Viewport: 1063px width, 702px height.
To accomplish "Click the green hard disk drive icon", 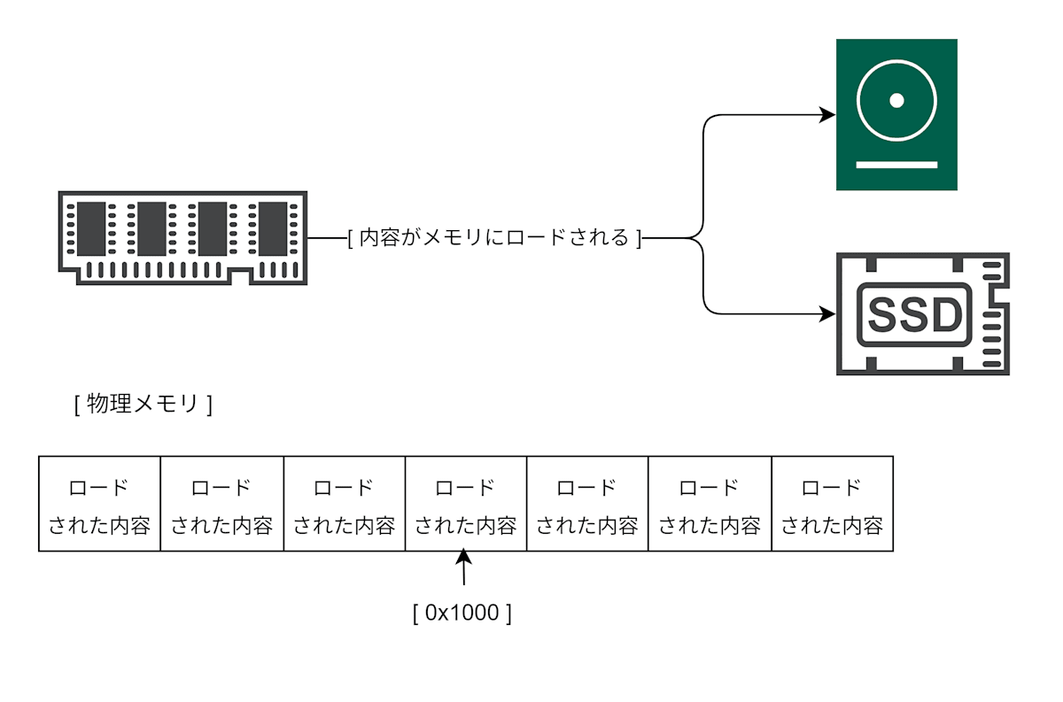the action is (896, 114).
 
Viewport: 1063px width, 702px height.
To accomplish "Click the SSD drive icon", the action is (922, 313).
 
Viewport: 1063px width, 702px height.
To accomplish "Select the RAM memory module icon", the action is (182, 237).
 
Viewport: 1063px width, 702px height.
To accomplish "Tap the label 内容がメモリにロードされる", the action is (494, 237).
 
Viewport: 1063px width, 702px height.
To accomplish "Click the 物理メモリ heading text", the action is (143, 404).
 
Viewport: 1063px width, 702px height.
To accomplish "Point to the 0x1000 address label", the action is (462, 613).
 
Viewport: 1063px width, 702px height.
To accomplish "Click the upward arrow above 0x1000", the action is (463, 567).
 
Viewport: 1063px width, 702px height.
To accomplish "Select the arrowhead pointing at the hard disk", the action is (827, 115).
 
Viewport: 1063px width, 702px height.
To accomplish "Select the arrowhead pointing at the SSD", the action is (827, 313).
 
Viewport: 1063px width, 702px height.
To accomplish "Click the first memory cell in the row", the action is (99, 504).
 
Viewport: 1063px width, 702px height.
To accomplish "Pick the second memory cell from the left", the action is (222, 504).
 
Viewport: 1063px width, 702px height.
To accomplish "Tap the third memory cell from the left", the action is (345, 504).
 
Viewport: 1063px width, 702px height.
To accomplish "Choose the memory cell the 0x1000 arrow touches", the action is (466, 504).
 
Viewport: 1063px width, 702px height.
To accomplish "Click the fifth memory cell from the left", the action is (587, 504).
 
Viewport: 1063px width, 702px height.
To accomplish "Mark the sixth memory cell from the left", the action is (710, 504).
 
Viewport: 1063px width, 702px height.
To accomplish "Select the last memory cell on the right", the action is (833, 504).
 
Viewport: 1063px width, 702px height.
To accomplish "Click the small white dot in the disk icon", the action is (896, 101).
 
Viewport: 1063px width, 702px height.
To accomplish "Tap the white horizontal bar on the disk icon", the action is (896, 165).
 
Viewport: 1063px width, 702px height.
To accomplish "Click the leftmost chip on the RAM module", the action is (91, 229).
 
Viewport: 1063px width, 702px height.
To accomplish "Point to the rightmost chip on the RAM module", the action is (273, 229).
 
